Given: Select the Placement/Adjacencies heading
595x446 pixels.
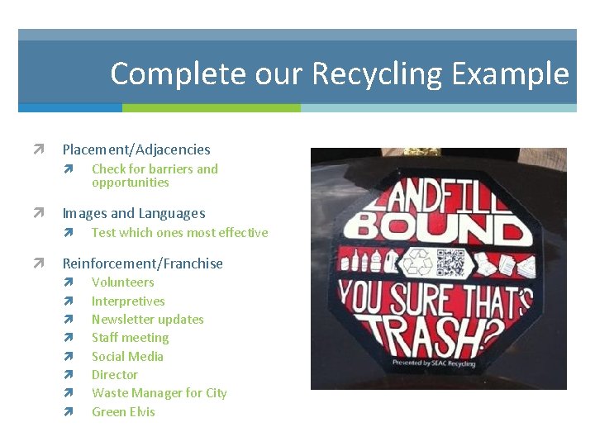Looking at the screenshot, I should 136,149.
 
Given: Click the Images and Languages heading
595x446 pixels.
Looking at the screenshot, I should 134,213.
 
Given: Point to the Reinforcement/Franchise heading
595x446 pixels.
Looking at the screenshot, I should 143,263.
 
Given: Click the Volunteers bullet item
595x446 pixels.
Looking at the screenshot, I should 122,282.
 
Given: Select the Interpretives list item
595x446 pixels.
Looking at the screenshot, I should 128,301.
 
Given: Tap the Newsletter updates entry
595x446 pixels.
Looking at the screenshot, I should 147,320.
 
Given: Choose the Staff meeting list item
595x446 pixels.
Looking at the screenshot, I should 130,338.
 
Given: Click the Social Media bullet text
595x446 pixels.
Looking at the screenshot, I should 127,357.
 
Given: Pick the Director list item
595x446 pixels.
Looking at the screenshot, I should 115,375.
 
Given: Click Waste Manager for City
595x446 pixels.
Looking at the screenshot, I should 159,393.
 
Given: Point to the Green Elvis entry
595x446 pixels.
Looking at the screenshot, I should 123,412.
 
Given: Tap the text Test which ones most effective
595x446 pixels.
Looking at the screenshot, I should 179,233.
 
